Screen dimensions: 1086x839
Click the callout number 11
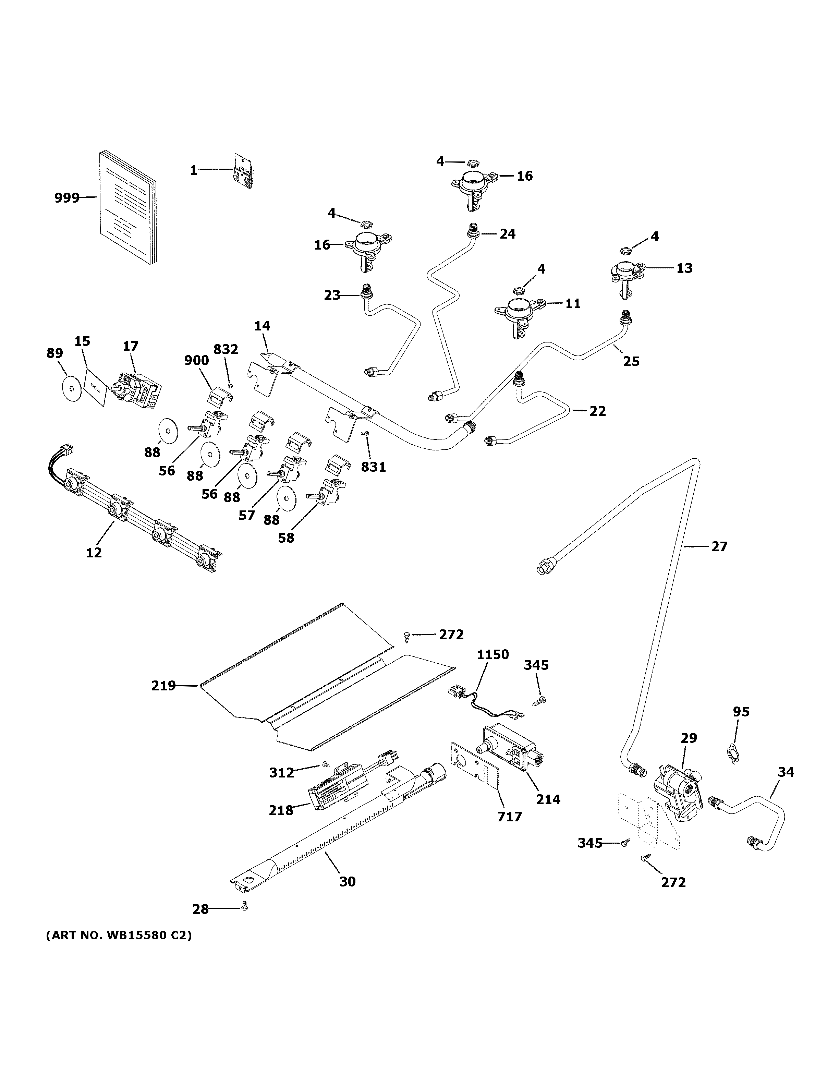click(573, 303)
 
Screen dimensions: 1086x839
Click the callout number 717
click(509, 817)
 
